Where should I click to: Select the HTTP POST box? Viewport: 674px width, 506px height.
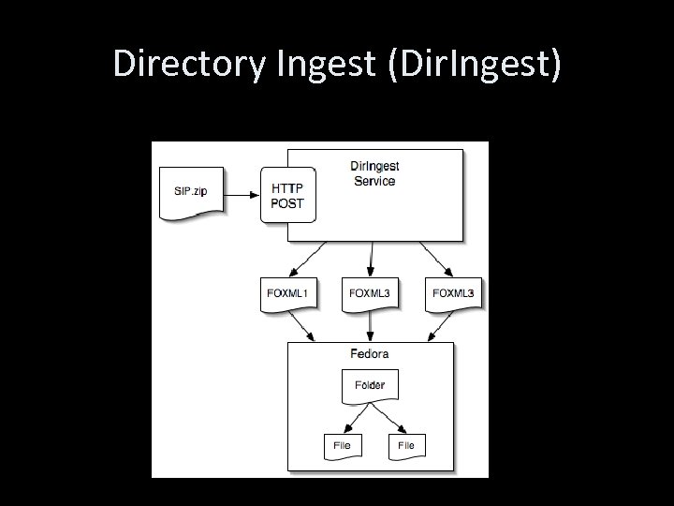click(x=287, y=195)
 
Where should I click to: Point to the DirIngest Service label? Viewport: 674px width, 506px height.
click(x=374, y=173)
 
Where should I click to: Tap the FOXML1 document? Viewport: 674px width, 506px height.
click(x=287, y=294)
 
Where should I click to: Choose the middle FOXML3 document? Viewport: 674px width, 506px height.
click(x=371, y=294)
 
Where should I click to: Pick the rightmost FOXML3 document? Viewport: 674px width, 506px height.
click(x=453, y=294)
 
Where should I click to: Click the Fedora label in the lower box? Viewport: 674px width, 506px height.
click(x=370, y=354)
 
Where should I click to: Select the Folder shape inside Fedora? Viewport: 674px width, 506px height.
click(x=370, y=384)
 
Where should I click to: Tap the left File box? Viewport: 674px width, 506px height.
click(x=342, y=445)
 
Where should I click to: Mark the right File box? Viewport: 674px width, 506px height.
click(x=405, y=445)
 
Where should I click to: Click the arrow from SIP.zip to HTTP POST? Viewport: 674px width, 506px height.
click(x=242, y=195)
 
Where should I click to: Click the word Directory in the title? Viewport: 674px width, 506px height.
click(x=187, y=63)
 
